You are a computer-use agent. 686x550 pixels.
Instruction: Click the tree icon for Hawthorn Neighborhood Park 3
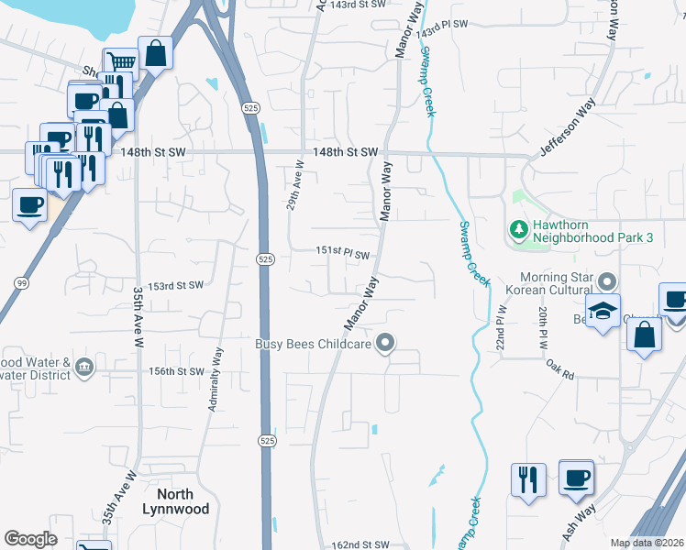click(518, 228)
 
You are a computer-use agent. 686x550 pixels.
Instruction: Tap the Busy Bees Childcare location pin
click(386, 344)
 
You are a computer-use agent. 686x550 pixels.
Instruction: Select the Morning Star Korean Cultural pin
click(606, 280)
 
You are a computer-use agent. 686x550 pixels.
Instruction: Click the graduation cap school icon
click(603, 312)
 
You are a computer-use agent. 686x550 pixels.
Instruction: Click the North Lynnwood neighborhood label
click(176, 500)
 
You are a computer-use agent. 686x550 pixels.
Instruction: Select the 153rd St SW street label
click(176, 285)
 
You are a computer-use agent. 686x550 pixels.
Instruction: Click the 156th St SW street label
click(177, 371)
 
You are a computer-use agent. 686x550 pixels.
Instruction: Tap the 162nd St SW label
click(360, 544)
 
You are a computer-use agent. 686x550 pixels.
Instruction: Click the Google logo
click(31, 539)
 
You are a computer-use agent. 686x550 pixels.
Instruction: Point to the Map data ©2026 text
click(647, 543)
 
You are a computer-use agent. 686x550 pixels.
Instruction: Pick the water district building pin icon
click(84, 367)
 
